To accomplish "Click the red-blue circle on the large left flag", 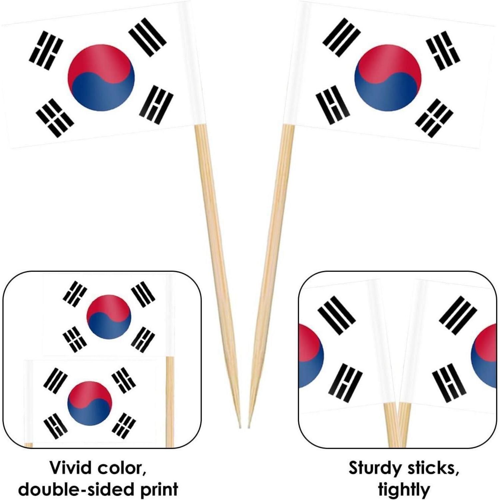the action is (101, 77).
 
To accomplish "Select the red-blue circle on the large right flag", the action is (388, 77).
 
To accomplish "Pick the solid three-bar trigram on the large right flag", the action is (342, 37).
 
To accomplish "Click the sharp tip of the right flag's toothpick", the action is (248, 428).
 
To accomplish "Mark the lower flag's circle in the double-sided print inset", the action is (90, 403).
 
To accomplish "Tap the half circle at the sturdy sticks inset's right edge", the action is (484, 356).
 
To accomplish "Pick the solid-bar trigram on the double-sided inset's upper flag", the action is (143, 294).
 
